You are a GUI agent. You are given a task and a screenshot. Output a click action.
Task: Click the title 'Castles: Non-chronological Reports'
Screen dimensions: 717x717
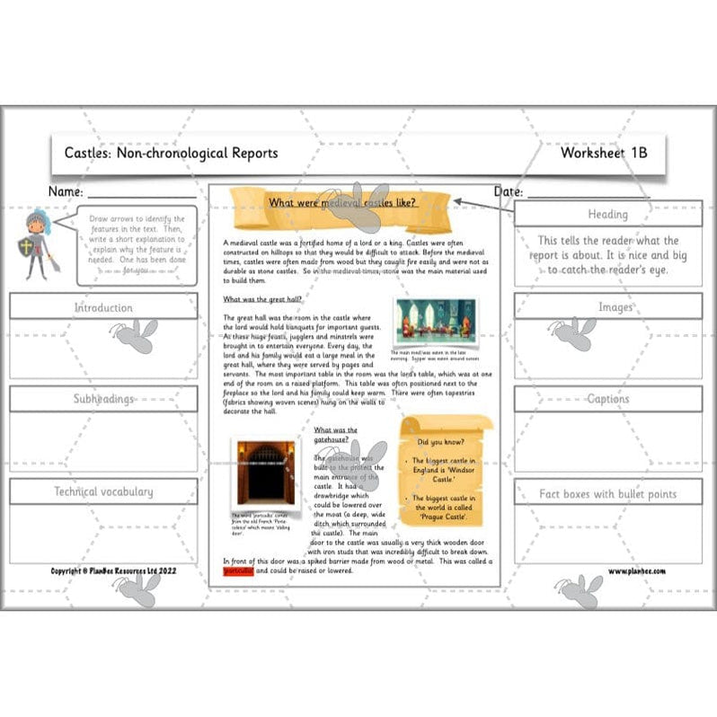[x=171, y=153]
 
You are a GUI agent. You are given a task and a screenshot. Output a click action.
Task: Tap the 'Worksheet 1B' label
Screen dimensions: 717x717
[x=603, y=153]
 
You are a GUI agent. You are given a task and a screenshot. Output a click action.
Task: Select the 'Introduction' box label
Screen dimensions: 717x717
[x=103, y=307]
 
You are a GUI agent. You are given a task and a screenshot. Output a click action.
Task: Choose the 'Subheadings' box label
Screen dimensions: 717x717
[x=103, y=399]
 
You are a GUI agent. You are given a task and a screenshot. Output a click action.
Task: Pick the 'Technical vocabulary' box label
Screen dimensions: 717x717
[x=103, y=491]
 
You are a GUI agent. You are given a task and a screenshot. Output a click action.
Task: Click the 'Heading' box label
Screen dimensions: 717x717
[x=607, y=215]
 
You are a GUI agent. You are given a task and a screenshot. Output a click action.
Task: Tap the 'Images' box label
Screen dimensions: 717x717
[x=607, y=307]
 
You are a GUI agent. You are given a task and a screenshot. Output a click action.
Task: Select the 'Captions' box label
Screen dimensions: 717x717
[x=607, y=399]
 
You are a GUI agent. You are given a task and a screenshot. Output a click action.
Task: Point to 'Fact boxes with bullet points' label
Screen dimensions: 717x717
[x=607, y=493]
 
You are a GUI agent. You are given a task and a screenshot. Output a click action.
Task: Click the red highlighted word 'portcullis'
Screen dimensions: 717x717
[x=238, y=571]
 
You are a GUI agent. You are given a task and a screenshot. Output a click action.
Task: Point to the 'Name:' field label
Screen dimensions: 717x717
[x=66, y=192]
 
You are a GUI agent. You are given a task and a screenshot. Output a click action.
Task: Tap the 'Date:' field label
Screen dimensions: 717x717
[x=509, y=192]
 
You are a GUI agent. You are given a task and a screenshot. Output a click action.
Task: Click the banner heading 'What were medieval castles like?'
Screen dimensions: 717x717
[x=342, y=202]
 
